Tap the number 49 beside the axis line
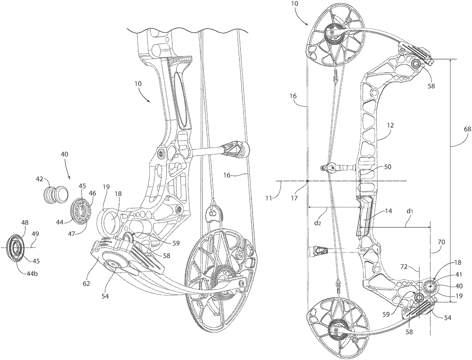point(35,234)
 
